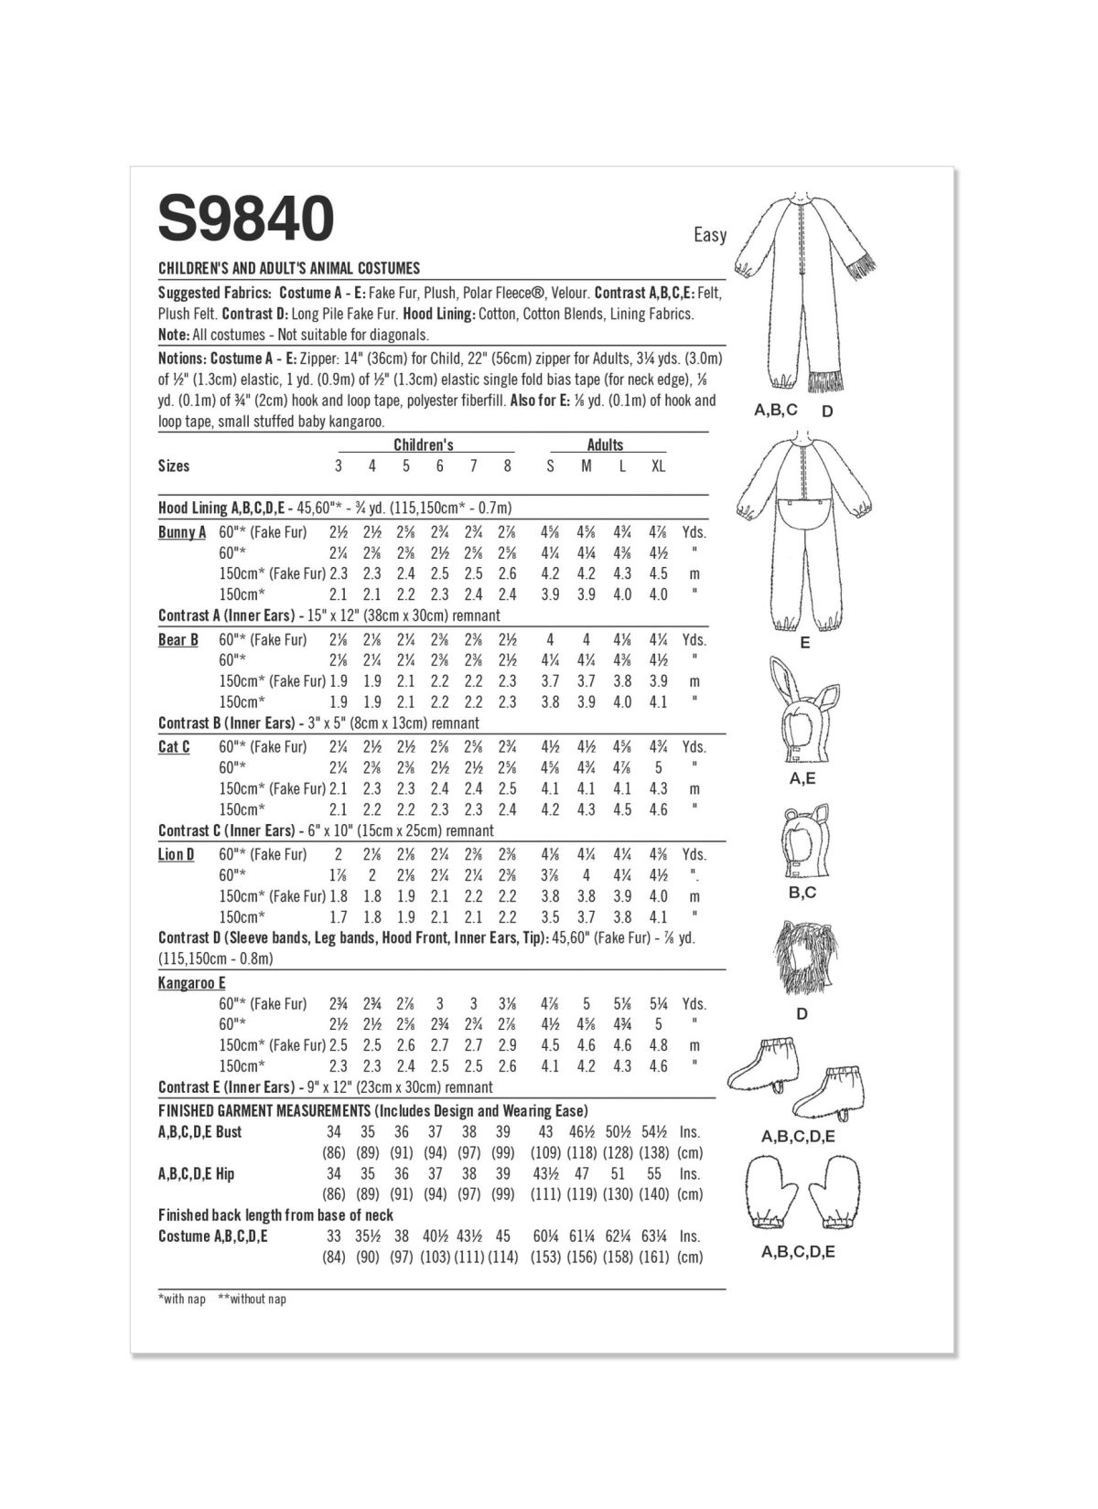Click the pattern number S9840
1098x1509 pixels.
point(246,219)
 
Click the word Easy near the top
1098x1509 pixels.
point(709,235)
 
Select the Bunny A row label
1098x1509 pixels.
point(182,532)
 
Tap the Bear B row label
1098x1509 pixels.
point(178,639)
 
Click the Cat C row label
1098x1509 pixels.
point(174,747)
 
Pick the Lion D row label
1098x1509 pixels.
point(176,854)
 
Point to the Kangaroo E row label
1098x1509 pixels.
point(191,983)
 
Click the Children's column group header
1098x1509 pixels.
point(423,444)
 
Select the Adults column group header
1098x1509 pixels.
point(605,444)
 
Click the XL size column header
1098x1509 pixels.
point(658,466)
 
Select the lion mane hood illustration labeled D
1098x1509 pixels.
point(801,960)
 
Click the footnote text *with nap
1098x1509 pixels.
point(181,1300)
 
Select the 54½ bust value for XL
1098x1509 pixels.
point(658,1132)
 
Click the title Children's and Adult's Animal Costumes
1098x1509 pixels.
point(289,268)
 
